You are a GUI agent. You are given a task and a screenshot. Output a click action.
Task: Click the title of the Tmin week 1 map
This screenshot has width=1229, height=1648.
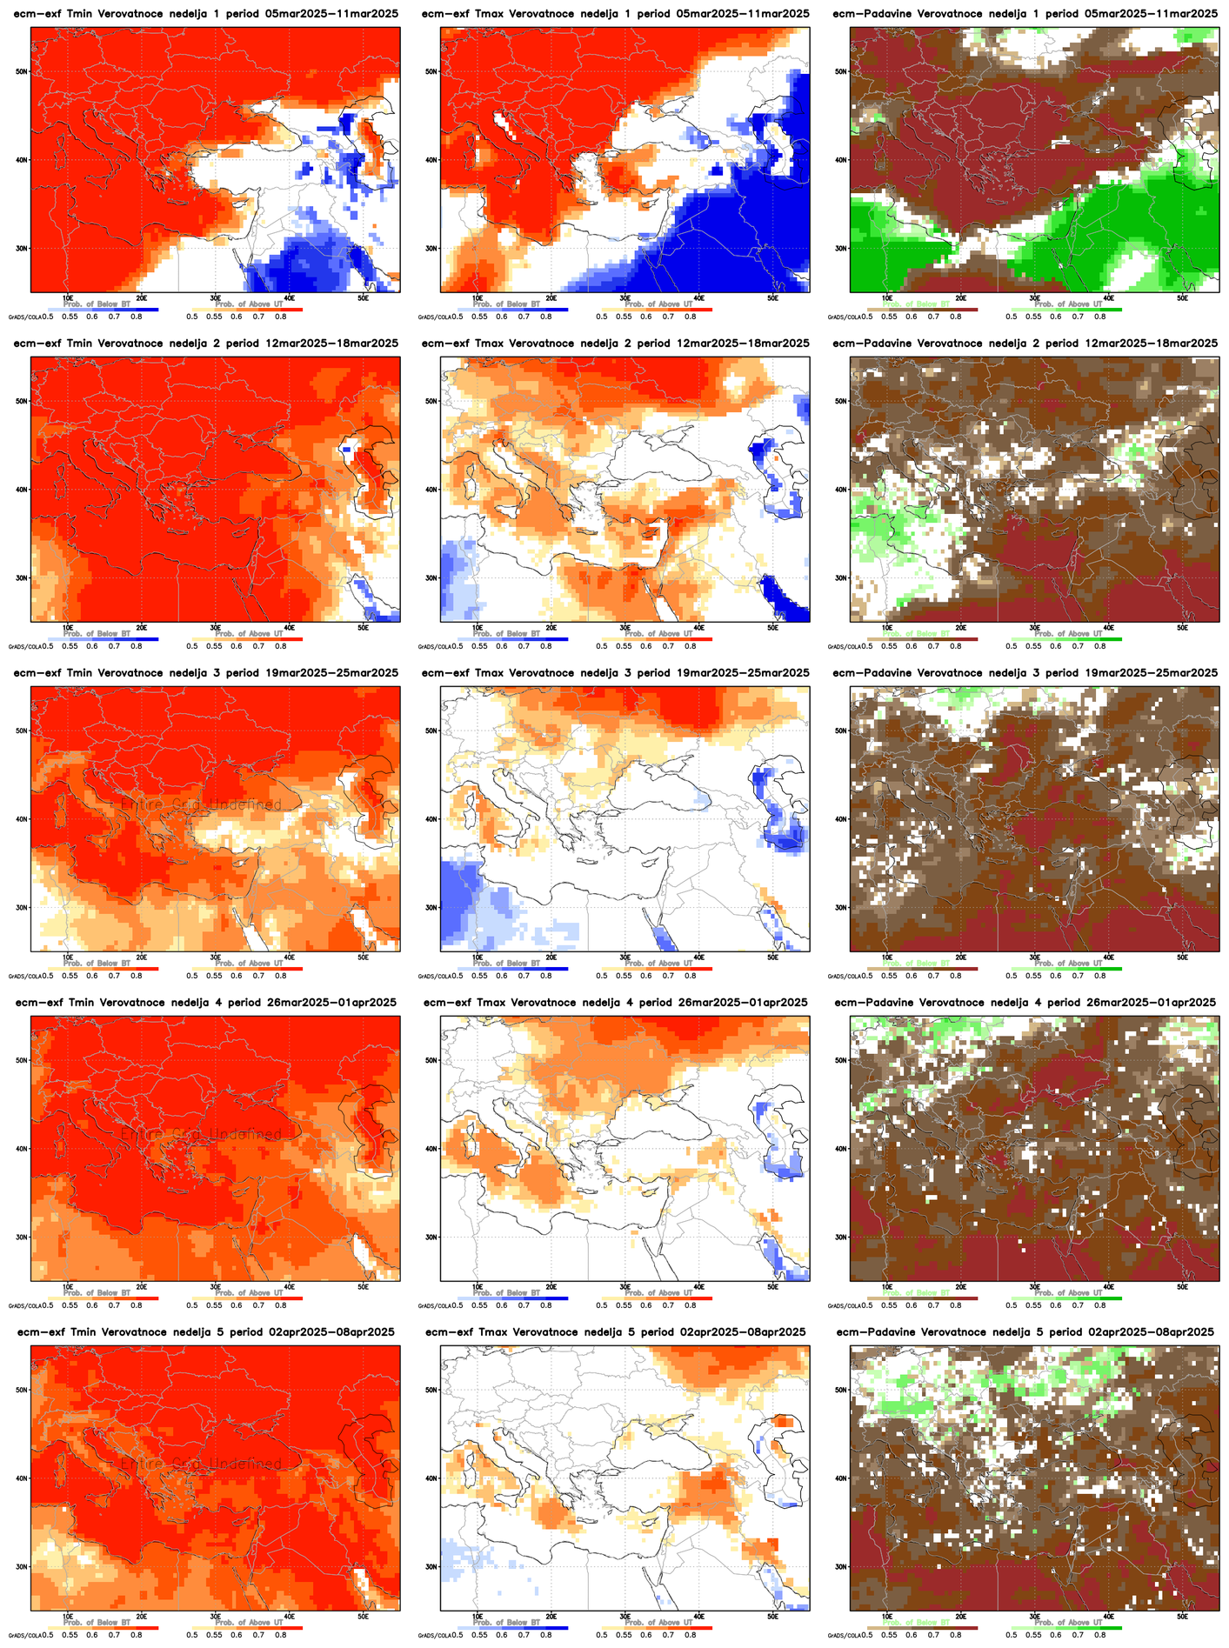206,14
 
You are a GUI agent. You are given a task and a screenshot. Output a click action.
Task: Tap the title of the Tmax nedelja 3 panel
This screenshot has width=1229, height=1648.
616,673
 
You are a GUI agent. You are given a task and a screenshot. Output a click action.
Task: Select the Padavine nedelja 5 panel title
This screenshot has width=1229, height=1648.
1025,1331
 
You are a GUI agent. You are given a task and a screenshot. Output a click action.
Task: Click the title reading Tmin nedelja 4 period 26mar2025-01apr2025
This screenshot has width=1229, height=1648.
206,1003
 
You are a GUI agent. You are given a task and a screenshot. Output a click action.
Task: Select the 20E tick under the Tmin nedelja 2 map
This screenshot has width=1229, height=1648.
142,626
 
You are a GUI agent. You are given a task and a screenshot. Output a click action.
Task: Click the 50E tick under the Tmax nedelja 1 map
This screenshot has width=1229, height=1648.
772,297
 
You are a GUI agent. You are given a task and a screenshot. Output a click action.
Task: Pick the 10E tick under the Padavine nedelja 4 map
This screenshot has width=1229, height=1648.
887,1285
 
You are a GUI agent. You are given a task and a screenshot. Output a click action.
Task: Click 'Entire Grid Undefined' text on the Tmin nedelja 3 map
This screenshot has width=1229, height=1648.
201,804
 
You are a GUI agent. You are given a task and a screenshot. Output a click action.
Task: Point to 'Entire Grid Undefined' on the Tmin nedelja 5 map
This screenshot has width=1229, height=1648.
201,1464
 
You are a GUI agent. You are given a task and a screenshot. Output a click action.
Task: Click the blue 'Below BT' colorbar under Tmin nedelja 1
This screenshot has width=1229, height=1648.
104,310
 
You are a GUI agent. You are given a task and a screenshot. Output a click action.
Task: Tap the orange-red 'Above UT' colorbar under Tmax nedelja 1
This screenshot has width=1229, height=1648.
657,310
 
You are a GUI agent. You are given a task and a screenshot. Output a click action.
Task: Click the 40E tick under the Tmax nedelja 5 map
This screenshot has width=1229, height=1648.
698,1616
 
